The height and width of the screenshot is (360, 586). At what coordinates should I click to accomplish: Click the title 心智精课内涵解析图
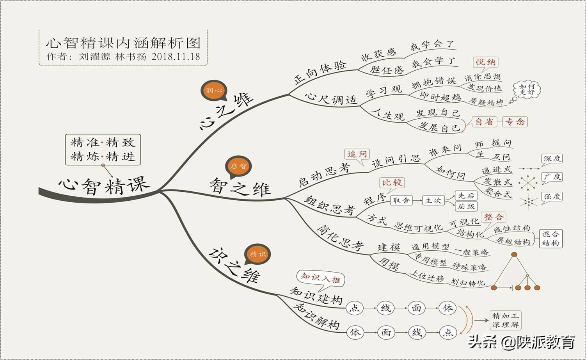pyautogui.click(x=123, y=43)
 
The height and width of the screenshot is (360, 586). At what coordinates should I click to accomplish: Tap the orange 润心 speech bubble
pyautogui.click(x=214, y=90)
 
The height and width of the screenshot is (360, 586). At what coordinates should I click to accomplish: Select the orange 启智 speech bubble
pyautogui.click(x=238, y=166)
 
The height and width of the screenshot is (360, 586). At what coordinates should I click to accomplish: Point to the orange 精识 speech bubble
pyautogui.click(x=257, y=254)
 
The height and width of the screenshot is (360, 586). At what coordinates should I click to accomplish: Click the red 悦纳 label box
pyautogui.click(x=486, y=62)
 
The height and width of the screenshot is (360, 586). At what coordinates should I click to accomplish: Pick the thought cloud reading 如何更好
pyautogui.click(x=527, y=89)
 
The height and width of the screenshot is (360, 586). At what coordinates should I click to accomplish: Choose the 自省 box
pyautogui.click(x=484, y=122)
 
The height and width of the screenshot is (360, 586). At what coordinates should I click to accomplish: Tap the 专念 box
pyautogui.click(x=515, y=122)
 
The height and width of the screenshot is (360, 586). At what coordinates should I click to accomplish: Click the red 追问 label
pyautogui.click(x=357, y=154)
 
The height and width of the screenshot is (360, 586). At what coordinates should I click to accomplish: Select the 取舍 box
pyautogui.click(x=401, y=200)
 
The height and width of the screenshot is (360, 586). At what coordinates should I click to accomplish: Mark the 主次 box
pyautogui.click(x=433, y=200)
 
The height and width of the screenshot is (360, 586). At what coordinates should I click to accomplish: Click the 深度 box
pyautogui.click(x=552, y=159)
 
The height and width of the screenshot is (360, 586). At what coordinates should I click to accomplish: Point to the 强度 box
pyautogui.click(x=552, y=196)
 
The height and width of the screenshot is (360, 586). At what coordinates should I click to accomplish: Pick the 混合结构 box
pyautogui.click(x=550, y=239)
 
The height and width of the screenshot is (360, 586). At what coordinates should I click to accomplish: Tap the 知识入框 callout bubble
pyautogui.click(x=321, y=278)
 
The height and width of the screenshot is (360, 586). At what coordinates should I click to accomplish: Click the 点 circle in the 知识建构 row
pyautogui.click(x=355, y=308)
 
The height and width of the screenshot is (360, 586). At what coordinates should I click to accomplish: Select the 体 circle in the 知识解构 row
pyautogui.click(x=355, y=333)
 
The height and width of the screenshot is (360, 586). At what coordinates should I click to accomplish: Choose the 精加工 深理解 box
pyautogui.click(x=505, y=320)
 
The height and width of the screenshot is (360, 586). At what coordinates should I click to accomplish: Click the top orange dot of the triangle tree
pyautogui.click(x=515, y=255)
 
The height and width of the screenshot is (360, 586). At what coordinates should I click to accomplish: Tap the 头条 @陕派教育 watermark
pyautogui.click(x=522, y=342)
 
